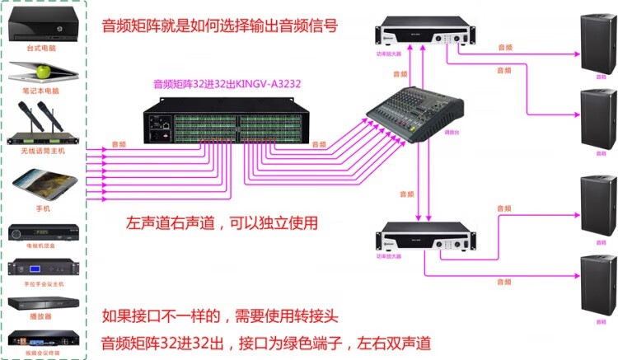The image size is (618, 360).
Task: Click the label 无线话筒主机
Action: [x=44, y=151]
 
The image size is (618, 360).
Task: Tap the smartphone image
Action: [x=43, y=185]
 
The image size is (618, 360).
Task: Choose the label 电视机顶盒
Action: [x=44, y=246]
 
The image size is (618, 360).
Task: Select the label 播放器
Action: [x=44, y=314]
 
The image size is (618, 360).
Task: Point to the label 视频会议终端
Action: [x=44, y=352]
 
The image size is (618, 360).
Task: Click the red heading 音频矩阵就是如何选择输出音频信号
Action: [x=218, y=26]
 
